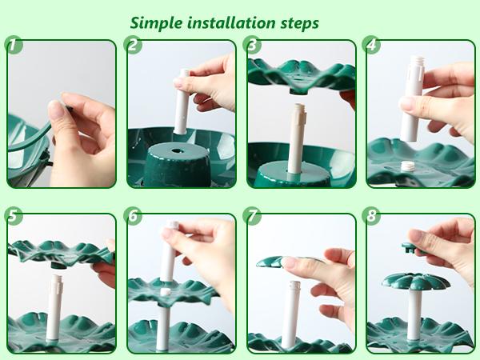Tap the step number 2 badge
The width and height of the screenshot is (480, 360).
pos(134,45)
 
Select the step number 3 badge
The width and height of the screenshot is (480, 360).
pos(254,45)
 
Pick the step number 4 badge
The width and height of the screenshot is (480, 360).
pos(374,45)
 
